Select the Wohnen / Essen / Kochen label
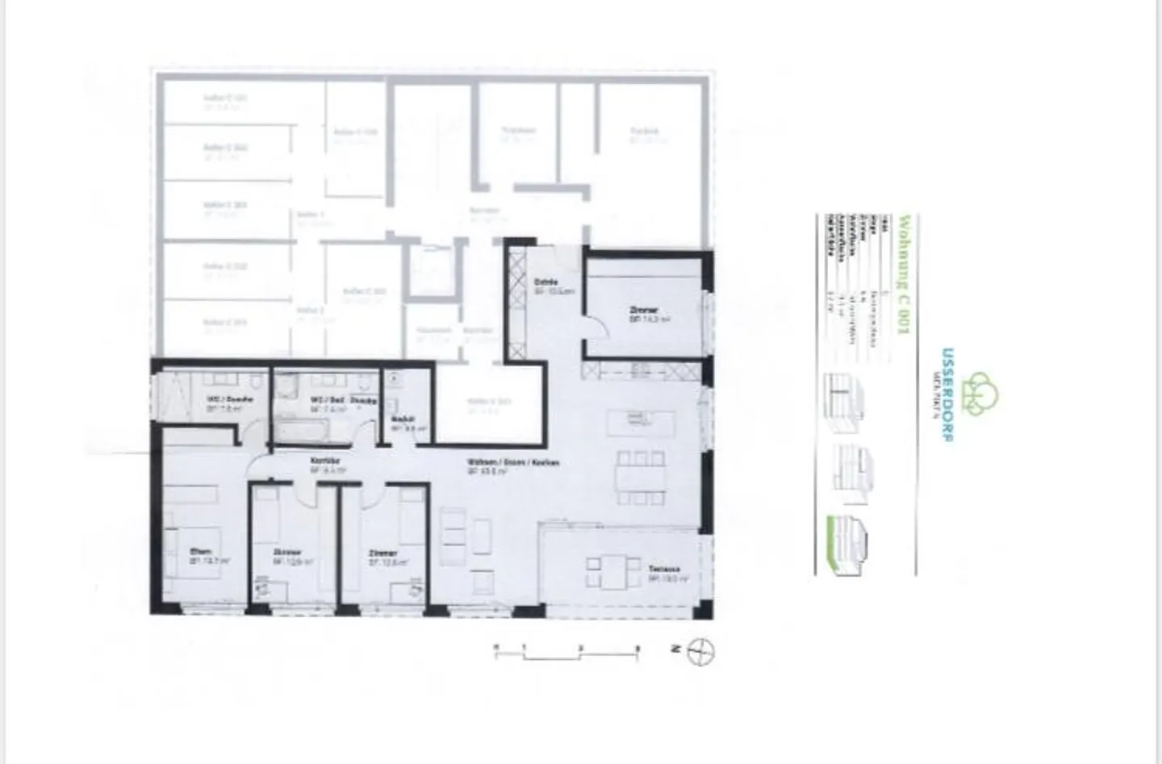512,463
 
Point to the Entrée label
546,282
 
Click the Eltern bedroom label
201,553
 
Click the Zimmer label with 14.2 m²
644,310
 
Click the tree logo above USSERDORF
982,394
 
